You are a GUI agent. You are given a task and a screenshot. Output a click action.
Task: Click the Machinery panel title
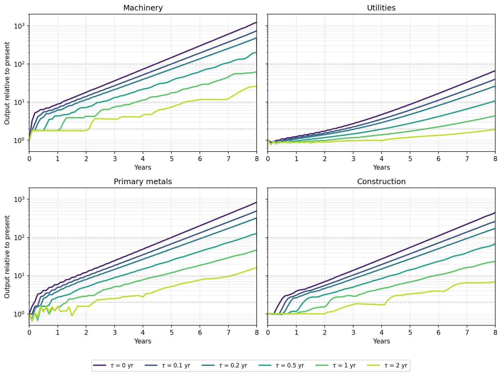143,8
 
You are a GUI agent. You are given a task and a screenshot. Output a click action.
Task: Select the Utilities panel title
381,8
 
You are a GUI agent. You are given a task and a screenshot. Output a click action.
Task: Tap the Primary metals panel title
143,181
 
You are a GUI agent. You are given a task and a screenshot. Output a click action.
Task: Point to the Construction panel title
381,181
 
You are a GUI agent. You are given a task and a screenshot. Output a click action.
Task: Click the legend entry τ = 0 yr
113,365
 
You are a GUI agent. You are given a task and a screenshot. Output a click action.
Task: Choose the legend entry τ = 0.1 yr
168,365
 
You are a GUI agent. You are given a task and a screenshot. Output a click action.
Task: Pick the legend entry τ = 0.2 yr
224,365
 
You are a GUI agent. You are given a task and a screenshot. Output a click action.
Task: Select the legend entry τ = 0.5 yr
281,365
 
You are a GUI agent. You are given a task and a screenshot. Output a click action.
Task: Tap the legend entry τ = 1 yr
335,365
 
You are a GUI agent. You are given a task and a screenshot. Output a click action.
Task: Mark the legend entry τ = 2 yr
387,365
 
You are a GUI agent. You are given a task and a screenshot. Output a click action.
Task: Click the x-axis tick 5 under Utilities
410,159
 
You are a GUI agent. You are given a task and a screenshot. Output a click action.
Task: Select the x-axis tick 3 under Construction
353,332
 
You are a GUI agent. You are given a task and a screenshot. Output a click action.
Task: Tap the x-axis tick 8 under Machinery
257,159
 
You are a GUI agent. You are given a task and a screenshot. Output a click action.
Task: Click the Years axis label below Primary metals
143,341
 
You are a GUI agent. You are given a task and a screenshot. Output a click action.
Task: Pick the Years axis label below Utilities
381,168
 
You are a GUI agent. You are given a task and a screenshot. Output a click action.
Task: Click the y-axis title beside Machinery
7,83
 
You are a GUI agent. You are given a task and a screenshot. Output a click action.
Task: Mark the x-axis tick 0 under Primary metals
29,332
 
